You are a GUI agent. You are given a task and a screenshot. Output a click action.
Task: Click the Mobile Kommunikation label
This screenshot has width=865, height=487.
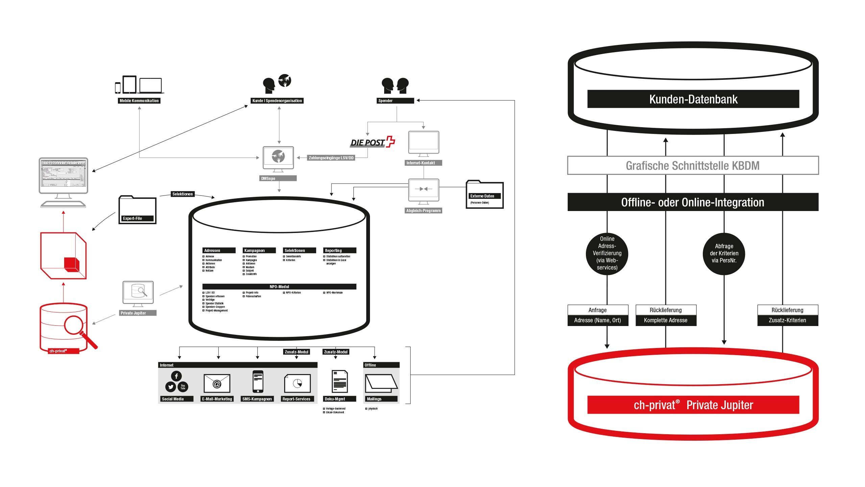139,101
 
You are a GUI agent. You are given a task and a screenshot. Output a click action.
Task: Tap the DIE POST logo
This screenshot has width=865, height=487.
372,142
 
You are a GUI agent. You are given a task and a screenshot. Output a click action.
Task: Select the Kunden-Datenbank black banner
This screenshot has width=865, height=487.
693,99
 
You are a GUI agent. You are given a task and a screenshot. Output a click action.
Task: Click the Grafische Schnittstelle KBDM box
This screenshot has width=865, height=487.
693,165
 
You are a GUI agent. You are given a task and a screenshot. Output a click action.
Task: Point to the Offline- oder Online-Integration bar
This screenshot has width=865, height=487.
693,202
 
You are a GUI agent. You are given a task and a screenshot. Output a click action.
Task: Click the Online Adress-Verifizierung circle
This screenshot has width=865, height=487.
607,253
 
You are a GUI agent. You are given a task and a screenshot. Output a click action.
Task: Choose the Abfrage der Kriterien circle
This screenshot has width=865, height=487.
724,253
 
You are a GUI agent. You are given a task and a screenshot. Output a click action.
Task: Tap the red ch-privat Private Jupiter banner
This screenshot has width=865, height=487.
693,405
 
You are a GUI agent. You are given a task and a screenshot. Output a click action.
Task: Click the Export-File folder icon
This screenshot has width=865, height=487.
137,210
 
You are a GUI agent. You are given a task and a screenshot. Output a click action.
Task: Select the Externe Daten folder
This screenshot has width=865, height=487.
485,195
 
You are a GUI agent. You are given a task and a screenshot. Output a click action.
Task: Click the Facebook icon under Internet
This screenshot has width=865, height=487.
176,376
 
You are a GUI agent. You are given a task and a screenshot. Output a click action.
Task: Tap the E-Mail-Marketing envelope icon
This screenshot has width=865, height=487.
217,384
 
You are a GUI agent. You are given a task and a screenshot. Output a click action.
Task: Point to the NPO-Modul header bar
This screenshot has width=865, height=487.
279,287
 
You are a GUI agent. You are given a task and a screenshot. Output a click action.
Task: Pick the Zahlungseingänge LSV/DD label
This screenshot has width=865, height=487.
331,158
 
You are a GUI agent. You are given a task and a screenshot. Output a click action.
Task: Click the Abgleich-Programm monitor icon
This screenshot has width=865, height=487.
423,191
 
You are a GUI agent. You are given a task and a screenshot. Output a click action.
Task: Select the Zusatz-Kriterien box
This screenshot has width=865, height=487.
787,320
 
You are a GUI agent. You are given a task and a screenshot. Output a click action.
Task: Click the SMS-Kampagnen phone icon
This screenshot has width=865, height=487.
258,382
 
